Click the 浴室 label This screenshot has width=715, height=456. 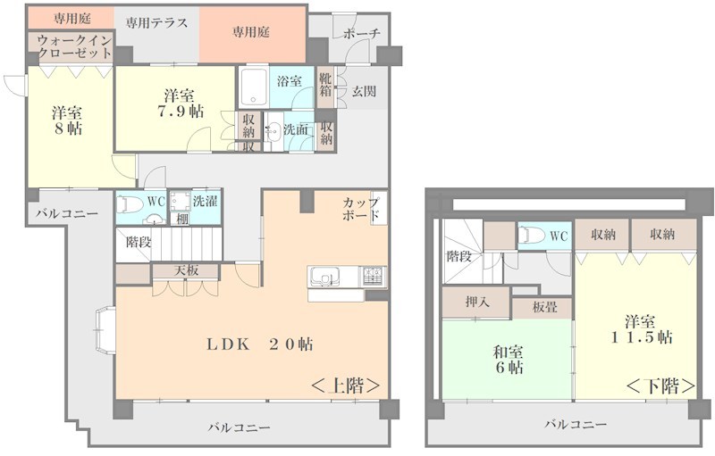289,81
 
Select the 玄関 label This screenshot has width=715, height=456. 363,92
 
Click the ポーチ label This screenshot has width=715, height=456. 361,34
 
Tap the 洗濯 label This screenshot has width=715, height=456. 206,201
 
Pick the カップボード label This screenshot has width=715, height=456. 361,209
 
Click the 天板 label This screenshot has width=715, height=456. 186,269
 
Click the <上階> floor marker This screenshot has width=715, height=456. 345,386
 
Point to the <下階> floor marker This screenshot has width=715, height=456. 660,386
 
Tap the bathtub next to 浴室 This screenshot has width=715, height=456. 255,88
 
